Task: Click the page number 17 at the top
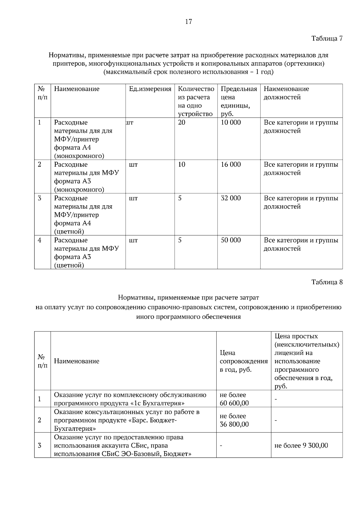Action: tap(188, 22)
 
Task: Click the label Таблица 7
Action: tap(327, 38)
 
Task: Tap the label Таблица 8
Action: tap(327, 282)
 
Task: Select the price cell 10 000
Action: tap(231, 122)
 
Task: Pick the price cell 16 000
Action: tap(231, 164)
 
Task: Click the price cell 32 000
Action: tap(231, 198)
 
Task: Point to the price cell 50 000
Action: tap(231, 240)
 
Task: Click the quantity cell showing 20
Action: tap(182, 122)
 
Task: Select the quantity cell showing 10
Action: tap(182, 164)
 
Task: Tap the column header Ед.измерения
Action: tap(150, 89)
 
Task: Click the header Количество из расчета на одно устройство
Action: tap(196, 101)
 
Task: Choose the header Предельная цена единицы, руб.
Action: tap(239, 101)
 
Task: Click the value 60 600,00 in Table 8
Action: tap(234, 403)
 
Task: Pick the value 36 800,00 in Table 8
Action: tap(234, 424)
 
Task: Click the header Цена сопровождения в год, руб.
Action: tap(243, 361)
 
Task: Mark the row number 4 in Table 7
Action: tap(40, 240)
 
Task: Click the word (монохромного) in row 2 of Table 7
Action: tap(79, 189)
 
